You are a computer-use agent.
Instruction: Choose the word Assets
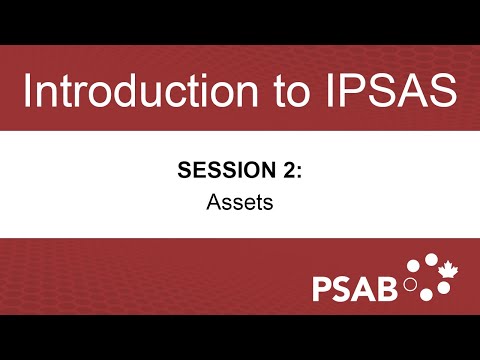(x=240, y=200)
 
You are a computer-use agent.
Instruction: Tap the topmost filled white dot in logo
(x=430, y=260)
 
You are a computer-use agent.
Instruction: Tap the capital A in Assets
(x=213, y=200)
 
